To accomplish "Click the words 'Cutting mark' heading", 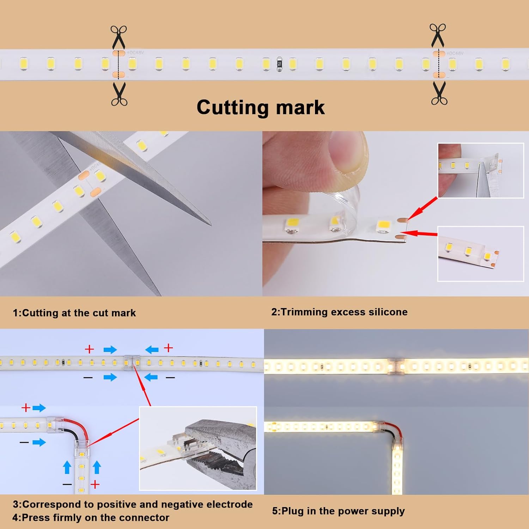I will (261, 107).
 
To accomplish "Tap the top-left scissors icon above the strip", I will (118, 37).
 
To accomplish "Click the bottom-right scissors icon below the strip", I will (439, 93).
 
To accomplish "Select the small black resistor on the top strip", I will (279, 64).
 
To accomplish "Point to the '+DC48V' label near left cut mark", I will (135, 53).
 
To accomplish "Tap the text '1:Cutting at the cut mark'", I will (74, 313).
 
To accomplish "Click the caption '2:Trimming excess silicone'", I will (339, 312).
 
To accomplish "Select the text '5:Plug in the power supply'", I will (338, 511).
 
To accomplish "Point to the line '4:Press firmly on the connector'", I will (91, 518).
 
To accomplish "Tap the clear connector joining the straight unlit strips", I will (132, 363).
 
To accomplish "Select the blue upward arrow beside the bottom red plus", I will (97, 468).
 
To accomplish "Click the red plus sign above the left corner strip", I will (25, 408).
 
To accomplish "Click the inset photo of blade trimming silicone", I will (480, 170).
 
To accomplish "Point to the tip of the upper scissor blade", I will (211, 225).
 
